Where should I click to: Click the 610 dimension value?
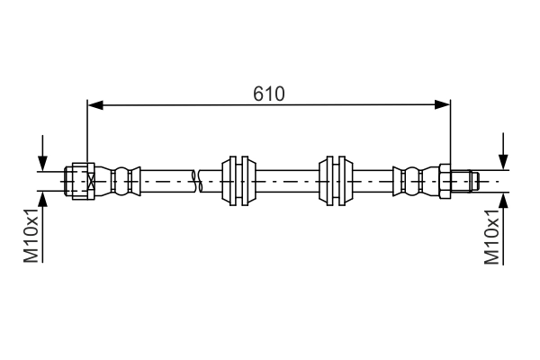click(x=268, y=94)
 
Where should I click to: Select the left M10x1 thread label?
click(x=31, y=236)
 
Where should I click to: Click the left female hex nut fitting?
click(x=80, y=180)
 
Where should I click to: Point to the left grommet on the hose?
click(x=238, y=180)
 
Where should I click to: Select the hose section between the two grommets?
click(x=288, y=180)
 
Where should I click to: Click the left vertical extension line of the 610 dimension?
click(x=87, y=135)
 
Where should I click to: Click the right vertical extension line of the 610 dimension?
click(x=450, y=135)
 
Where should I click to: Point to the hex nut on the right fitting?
click(x=445, y=180)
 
